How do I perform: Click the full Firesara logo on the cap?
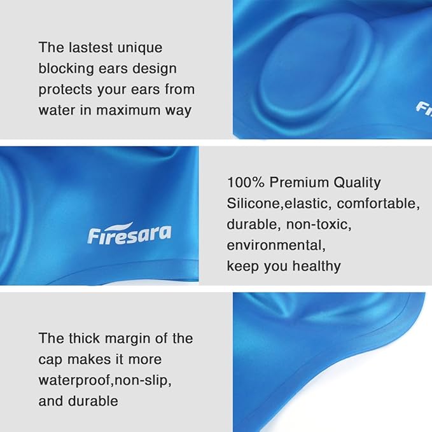tap(129, 233)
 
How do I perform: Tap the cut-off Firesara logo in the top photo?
tap(424, 109)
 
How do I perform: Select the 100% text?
tap(246, 183)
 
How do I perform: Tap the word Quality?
tap(357, 183)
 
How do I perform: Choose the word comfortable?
tap(379, 204)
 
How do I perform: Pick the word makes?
tap(87, 359)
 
